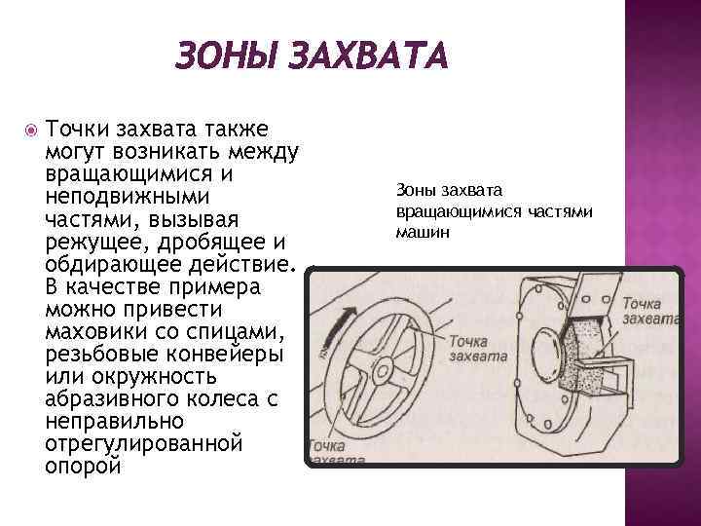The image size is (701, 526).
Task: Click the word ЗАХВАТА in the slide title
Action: tap(366, 56)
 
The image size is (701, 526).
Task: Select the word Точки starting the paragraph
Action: tap(78, 131)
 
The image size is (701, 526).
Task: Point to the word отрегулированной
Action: tap(142, 443)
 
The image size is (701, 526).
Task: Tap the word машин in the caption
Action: tap(424, 233)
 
